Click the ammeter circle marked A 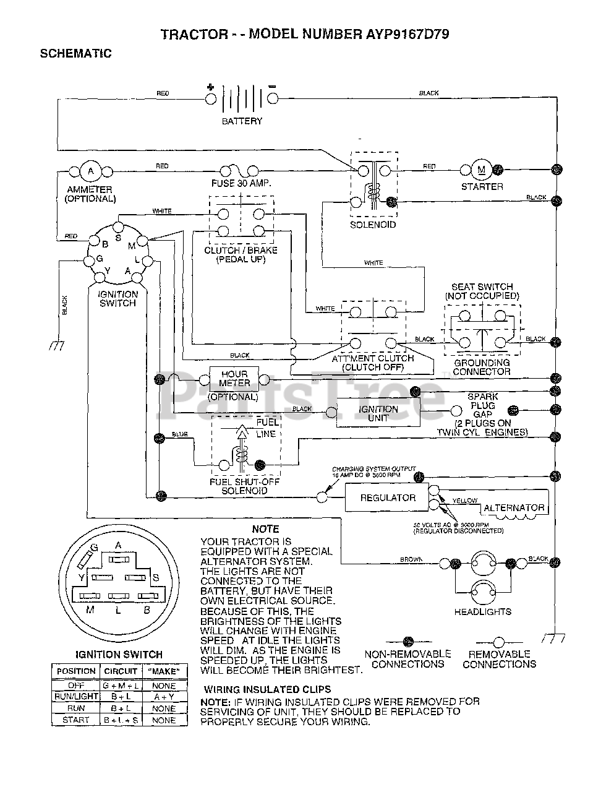coord(90,171)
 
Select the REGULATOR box coord(388,497)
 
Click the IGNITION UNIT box coord(378,413)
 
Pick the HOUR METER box coord(234,378)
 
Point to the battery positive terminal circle coord(210,98)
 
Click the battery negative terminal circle coord(272,98)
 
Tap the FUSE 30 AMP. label coord(241,184)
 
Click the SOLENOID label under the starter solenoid coord(373,225)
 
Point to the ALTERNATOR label coord(514,508)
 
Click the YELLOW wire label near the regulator coord(464,500)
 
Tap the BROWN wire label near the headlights coord(411,559)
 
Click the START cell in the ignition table coord(76,720)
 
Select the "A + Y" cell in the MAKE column coord(164,697)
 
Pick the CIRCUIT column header coord(121,671)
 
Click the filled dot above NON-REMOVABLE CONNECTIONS coord(408,642)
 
